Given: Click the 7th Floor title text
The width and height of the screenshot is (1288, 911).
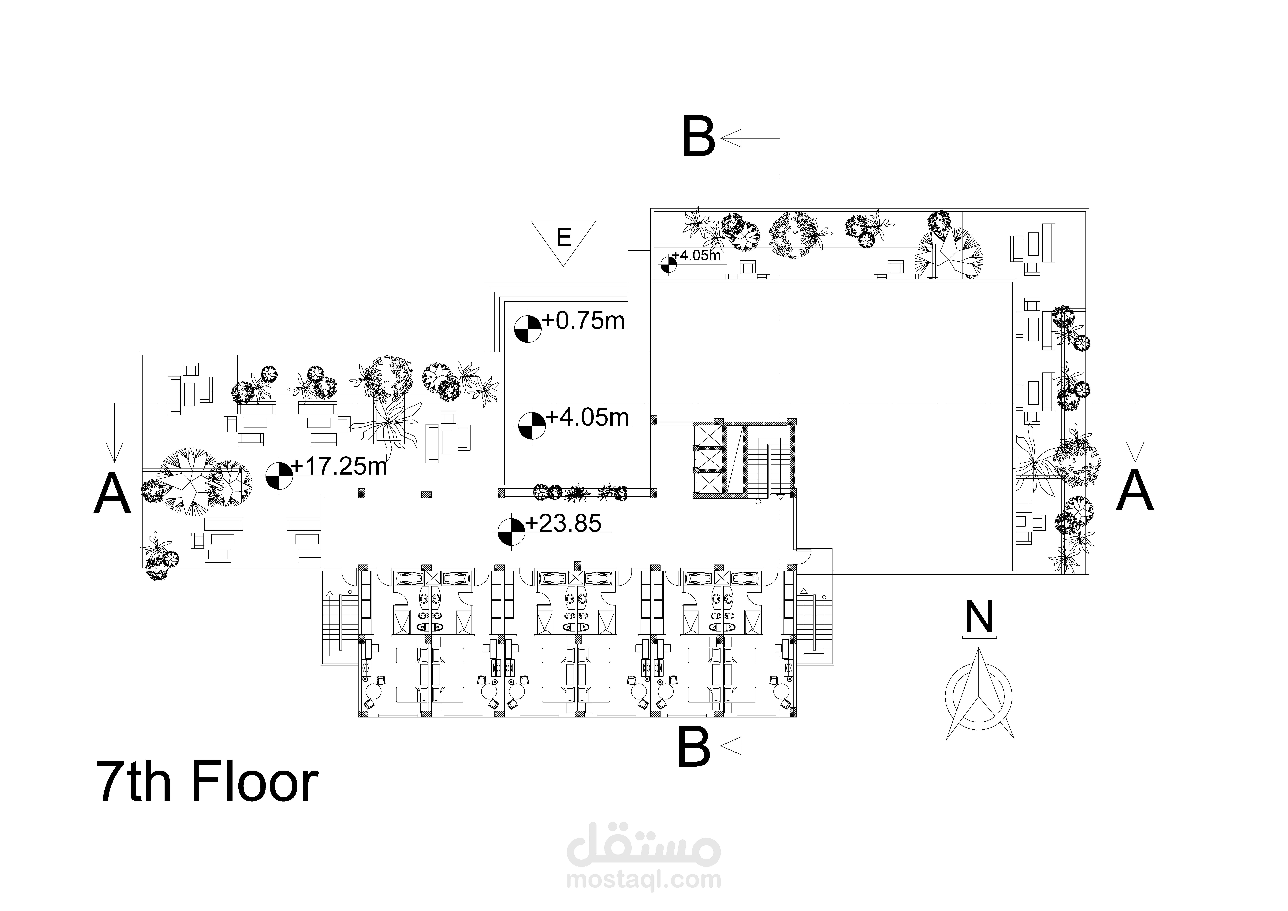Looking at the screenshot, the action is tap(208, 782).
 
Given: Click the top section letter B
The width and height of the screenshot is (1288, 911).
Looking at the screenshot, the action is tap(698, 137).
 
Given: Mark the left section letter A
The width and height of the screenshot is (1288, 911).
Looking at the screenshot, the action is tap(112, 494).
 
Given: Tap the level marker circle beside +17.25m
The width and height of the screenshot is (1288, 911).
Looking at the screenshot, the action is tap(279, 475).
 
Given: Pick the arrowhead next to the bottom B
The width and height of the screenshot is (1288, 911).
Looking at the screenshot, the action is tap(731, 746).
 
